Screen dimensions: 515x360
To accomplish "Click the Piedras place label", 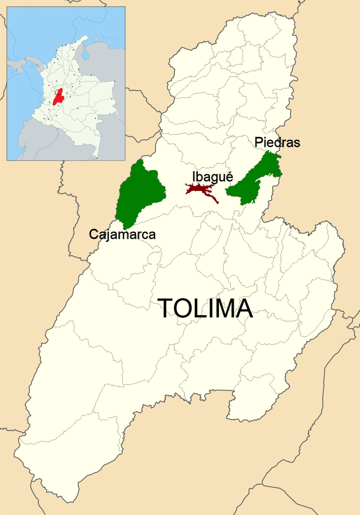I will point(277,142).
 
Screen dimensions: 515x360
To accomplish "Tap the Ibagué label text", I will point(213,177).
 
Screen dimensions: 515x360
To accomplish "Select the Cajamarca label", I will point(122,234).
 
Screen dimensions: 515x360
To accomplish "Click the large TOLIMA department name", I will point(206,308).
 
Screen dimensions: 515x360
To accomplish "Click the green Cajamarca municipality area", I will point(139,194).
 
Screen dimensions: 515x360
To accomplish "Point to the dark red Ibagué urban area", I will point(200,189).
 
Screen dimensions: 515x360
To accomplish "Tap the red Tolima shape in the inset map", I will point(58,97).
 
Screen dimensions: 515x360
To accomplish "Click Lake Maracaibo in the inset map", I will point(84,52).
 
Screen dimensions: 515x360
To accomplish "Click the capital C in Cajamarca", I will point(94,234).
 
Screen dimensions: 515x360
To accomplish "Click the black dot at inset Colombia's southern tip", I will point(97,158).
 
